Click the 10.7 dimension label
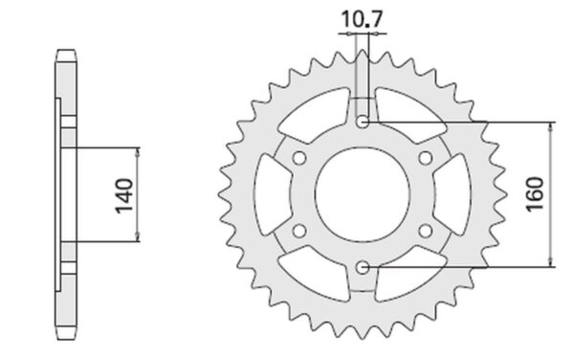coord(362,19)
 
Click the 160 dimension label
coord(535,194)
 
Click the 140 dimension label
coord(124,195)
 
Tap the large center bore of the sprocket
coord(363,194)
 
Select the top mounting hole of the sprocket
coord(363,122)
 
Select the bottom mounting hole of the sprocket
coord(363,267)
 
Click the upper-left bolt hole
coord(299,158)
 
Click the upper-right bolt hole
coord(426,158)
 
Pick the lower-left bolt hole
coord(299,231)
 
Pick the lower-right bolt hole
coord(426,231)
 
